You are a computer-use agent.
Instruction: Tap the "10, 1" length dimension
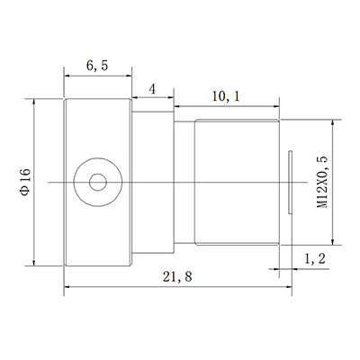tap(225, 95)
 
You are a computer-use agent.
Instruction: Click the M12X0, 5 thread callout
tap(322, 182)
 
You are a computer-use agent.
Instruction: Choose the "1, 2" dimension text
tap(315, 259)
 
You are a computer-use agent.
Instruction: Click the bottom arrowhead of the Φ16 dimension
tap(35, 262)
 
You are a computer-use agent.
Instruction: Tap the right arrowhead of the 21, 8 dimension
tap(290, 287)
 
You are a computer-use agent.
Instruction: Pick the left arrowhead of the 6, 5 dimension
tap(68, 76)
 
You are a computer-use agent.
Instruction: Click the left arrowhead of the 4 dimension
tap(136, 98)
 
